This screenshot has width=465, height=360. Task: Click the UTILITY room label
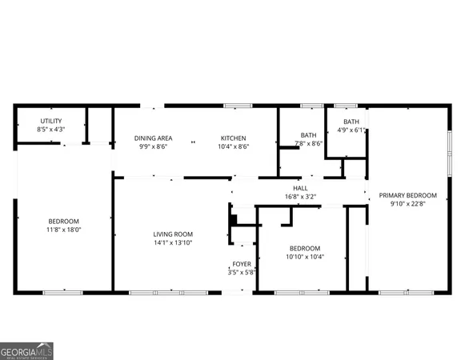pyautogui.click(x=50, y=121)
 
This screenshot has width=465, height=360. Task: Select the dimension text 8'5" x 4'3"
pyautogui.click(x=50, y=129)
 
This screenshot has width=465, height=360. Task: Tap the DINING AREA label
pyautogui.click(x=152, y=138)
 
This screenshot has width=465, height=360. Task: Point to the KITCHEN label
pyautogui.click(x=233, y=138)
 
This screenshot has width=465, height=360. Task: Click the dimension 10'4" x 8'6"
pyautogui.click(x=233, y=146)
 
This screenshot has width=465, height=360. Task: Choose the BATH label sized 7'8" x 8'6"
pyautogui.click(x=308, y=135)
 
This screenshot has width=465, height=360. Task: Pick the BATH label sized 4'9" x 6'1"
pyautogui.click(x=351, y=122)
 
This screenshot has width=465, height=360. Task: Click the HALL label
pyautogui.click(x=300, y=188)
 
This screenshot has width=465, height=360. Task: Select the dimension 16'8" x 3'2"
pyautogui.click(x=300, y=196)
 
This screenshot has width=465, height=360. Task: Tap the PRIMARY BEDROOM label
pyautogui.click(x=407, y=195)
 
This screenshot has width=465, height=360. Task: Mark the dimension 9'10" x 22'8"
pyautogui.click(x=407, y=204)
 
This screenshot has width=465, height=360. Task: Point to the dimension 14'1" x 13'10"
pyautogui.click(x=173, y=242)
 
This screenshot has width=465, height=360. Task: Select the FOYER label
pyautogui.click(x=241, y=264)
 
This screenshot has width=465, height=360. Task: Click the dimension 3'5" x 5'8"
pyautogui.click(x=241, y=272)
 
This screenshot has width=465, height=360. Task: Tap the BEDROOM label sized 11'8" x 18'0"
pyautogui.click(x=63, y=221)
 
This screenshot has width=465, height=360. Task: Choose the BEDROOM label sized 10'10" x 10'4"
pyautogui.click(x=304, y=248)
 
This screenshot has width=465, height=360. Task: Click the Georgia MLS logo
pyautogui.click(x=27, y=350)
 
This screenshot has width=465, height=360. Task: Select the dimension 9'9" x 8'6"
pyautogui.click(x=152, y=146)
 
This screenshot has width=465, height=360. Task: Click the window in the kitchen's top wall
pyautogui.click(x=233, y=106)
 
